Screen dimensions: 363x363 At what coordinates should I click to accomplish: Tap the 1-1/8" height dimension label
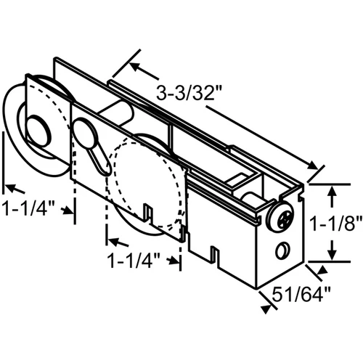pyautogui.click(x=335, y=223)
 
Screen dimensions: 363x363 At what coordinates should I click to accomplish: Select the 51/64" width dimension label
pyautogui.click(x=301, y=294)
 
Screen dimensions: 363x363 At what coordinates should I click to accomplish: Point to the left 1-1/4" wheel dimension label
pyautogui.click(x=28, y=208)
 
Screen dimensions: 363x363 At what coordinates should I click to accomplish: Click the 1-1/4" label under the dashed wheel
pyautogui.click(x=134, y=261)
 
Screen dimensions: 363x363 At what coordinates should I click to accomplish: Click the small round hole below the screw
pyautogui.click(x=282, y=250)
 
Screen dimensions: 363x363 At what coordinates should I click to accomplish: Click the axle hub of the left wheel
pyautogui.click(x=38, y=131)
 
